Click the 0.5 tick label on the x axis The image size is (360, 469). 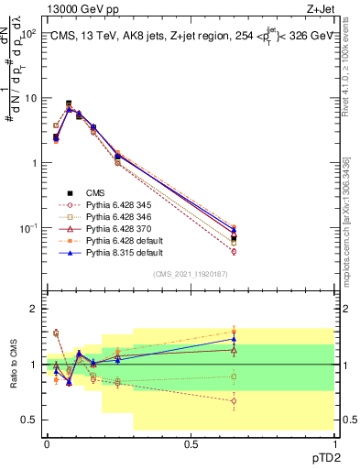tap(191, 443)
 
